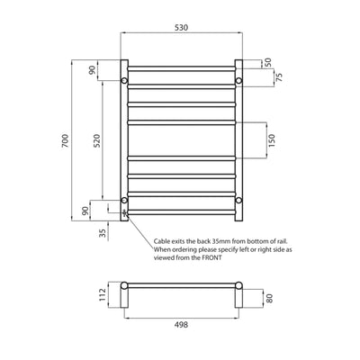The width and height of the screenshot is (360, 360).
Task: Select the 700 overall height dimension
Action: pyautogui.click(x=66, y=140)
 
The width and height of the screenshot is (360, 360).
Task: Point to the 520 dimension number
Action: pyautogui.click(x=96, y=140)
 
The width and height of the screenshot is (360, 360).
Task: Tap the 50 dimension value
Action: pyautogui.click(x=266, y=64)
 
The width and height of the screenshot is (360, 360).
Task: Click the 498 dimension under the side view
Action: pyautogui.click(x=181, y=328)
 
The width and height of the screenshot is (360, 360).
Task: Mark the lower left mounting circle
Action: pyautogui.click(x=124, y=199)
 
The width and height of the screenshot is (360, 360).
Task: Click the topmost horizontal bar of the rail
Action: pyautogui.click(x=181, y=67)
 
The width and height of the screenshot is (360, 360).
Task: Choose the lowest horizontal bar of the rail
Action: pyautogui.click(x=181, y=212)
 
